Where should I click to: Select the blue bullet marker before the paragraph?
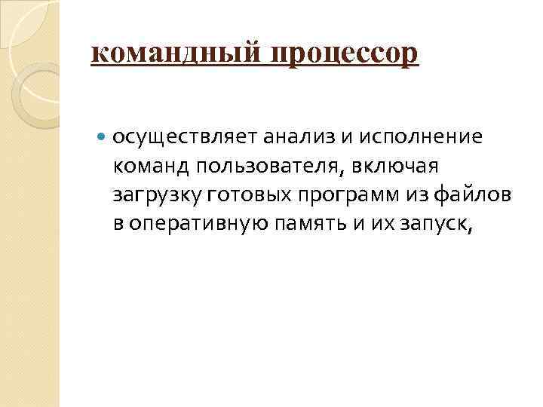(102, 137)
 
